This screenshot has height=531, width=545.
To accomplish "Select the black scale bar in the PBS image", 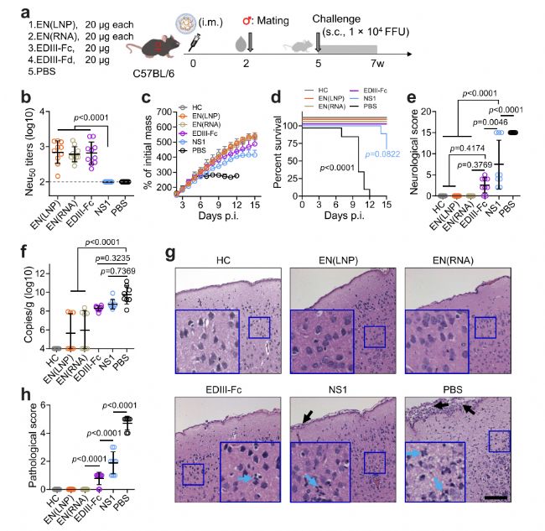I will pyautogui.click(x=496, y=498).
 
